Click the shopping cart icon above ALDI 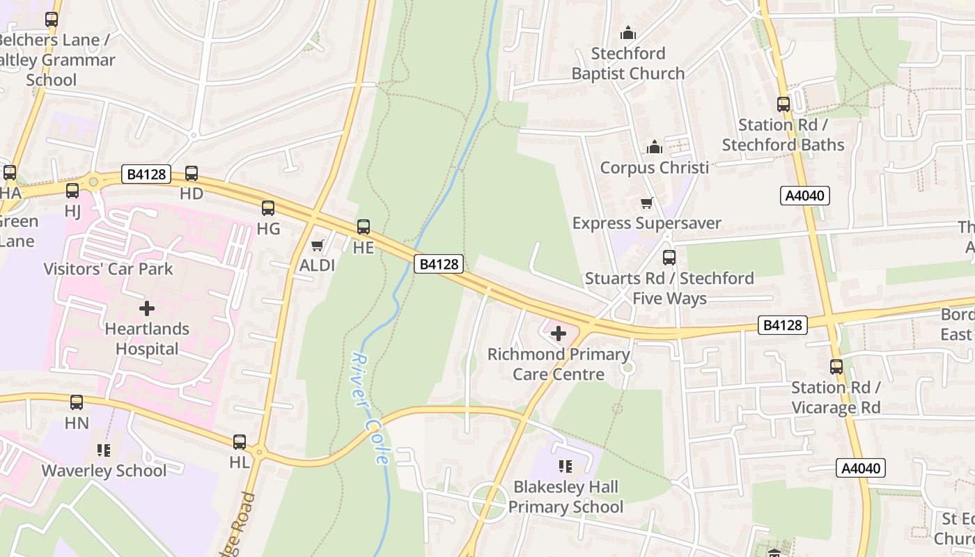(318, 245)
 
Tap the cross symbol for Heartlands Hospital (147, 308)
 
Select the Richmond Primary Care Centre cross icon (559, 334)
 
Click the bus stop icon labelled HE (364, 226)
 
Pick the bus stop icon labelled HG (268, 207)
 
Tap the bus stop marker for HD (192, 173)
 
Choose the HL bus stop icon (240, 441)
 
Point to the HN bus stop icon (77, 402)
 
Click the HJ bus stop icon (72, 190)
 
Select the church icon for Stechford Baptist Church (628, 33)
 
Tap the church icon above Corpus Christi (655, 147)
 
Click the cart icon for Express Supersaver (647, 203)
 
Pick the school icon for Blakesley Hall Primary (565, 466)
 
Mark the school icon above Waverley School (104, 450)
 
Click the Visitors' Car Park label (108, 269)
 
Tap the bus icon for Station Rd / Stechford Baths (783, 104)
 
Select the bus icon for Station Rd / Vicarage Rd (836, 366)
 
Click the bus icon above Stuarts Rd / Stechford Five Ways (669, 257)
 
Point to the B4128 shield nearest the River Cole (439, 264)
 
